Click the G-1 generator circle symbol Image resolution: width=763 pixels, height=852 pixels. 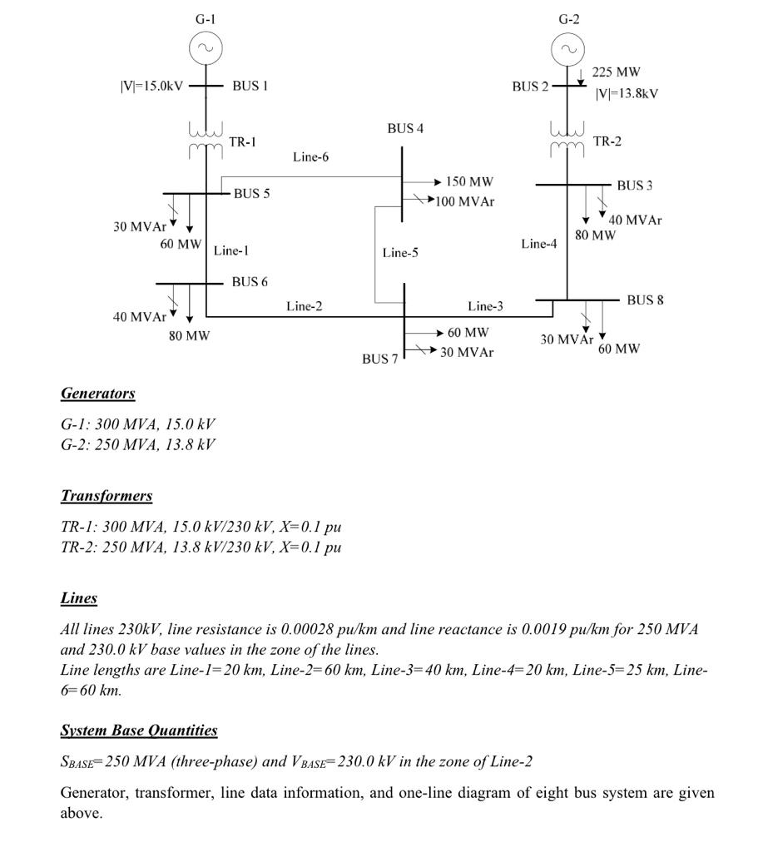(x=206, y=49)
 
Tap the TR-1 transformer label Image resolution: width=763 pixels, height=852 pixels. (x=242, y=141)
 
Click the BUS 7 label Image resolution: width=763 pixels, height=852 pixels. (x=379, y=359)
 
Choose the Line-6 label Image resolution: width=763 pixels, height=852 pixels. (x=310, y=156)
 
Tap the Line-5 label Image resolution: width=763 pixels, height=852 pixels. (x=400, y=253)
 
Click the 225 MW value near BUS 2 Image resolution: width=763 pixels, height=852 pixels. (x=616, y=72)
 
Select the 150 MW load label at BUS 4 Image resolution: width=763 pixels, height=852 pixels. (x=470, y=181)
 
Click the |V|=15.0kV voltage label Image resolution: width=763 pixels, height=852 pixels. (x=152, y=86)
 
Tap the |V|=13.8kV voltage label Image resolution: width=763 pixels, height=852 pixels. (x=627, y=93)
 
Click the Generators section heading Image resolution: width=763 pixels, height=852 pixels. (x=97, y=393)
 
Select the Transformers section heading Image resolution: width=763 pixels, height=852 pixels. (x=107, y=496)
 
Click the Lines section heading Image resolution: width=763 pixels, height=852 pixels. (x=79, y=598)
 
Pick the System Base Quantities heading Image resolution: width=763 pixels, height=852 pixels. (x=139, y=731)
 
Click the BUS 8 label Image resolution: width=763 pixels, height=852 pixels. (x=645, y=300)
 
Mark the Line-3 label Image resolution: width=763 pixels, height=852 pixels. (x=485, y=306)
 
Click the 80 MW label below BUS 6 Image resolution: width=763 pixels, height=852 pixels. (x=189, y=336)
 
